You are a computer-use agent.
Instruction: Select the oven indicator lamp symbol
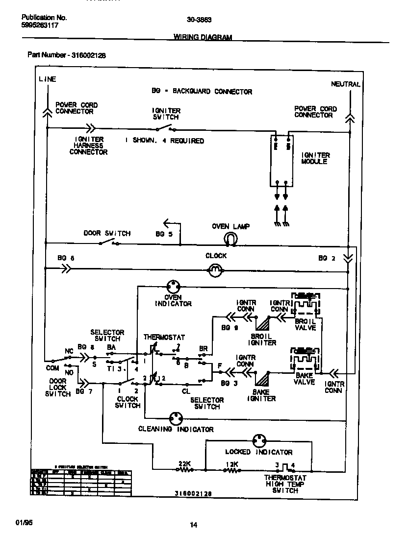click(173, 287)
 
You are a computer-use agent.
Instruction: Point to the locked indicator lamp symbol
click(258, 439)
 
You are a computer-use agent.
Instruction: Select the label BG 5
click(164, 234)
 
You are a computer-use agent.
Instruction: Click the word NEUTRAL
click(346, 84)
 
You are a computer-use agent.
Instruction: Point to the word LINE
click(48, 79)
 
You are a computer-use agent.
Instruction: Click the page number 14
click(194, 525)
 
